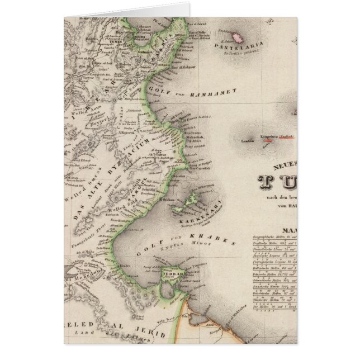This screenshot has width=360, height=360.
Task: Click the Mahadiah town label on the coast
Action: pos(194,136)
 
